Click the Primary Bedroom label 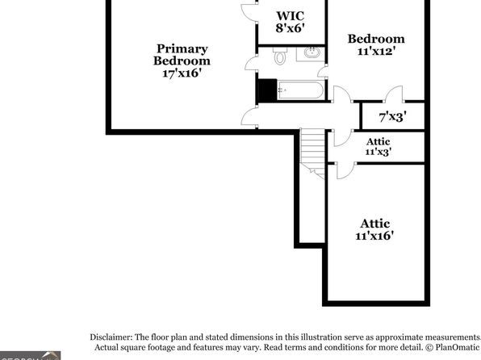182,55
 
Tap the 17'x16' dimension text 182,73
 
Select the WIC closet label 291,16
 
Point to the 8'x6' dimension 291,28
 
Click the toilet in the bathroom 280,56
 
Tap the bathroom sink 312,52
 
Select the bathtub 300,90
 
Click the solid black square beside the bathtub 268,90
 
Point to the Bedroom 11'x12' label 376,45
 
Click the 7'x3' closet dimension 393,116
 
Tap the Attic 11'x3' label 379,146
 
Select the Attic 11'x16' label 374,229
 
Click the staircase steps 312,150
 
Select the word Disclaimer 111,337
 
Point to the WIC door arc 249,13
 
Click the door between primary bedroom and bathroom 251,64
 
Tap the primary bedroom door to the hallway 249,116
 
